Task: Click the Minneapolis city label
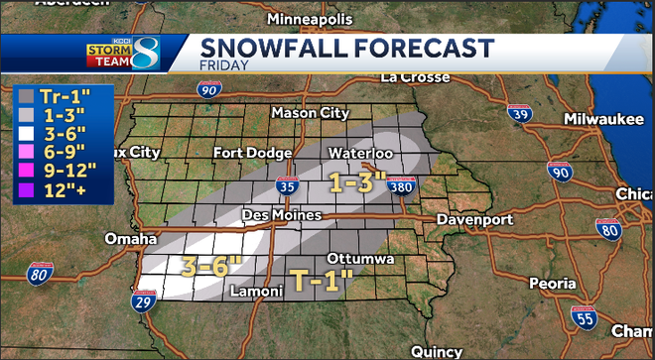(309, 20)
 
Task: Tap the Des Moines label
(283, 215)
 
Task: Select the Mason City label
(310, 113)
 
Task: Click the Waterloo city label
(364, 154)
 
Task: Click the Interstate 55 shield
(585, 316)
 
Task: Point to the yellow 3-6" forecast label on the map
(210, 265)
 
